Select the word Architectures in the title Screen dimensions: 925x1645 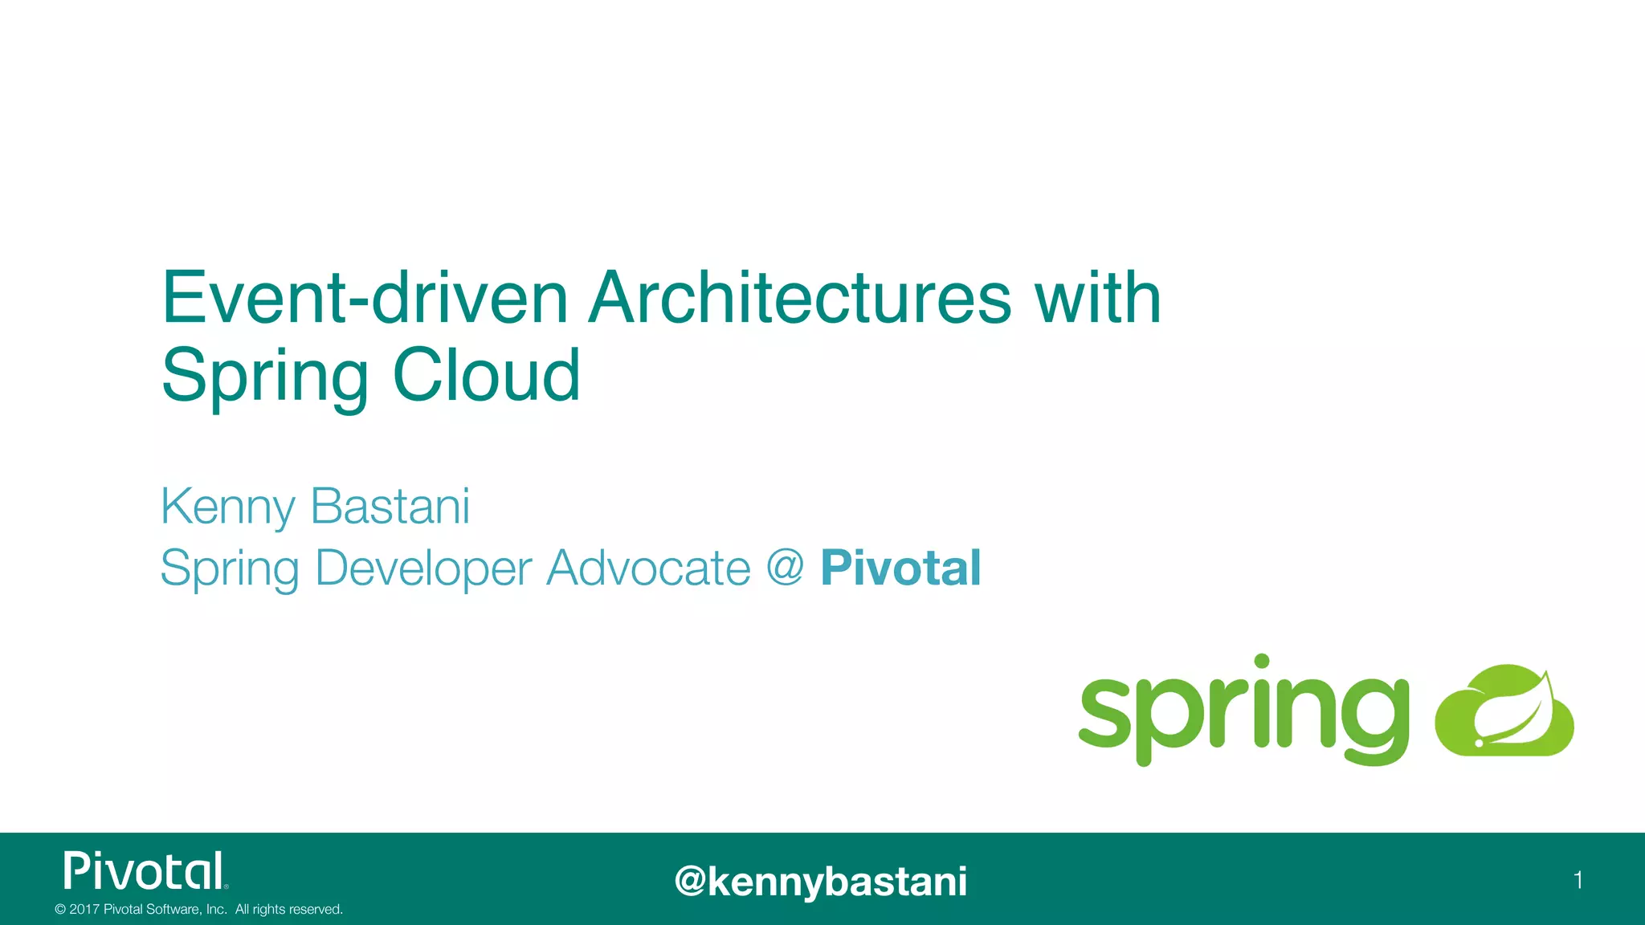point(799,298)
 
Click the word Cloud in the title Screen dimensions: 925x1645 point(486,375)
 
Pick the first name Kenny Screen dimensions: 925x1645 point(228,507)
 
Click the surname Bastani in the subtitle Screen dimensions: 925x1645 point(390,506)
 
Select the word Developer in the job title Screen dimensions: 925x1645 point(423,569)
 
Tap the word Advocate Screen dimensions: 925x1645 point(648,568)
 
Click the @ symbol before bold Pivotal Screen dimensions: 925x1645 point(785,567)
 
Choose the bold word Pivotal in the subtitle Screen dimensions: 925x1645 point(900,568)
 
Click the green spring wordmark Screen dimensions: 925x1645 point(1243,711)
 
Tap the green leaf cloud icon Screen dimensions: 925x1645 point(1504,711)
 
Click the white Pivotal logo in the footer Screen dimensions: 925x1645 point(145,871)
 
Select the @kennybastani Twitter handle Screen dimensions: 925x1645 point(821,881)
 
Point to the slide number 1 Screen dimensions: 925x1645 point(1578,880)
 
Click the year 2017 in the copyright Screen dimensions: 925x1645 point(84,910)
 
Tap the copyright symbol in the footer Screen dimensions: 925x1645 point(60,910)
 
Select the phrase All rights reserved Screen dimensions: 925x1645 point(288,910)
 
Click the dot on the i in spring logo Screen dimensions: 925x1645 point(1262,662)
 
